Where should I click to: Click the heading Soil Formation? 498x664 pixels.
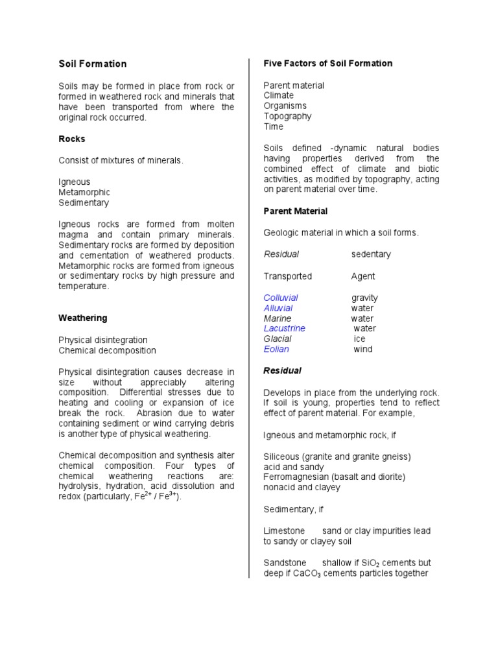93,64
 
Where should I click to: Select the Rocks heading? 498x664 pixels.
72,139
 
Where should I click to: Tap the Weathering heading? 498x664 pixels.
83,318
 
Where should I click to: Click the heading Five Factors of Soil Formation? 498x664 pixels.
327,63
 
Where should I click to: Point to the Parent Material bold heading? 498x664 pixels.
295,211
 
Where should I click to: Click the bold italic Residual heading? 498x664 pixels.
282,371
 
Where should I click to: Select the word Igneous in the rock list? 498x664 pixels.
75,182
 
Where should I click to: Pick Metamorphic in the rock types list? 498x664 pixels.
84,192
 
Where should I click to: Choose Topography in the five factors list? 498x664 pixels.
287,116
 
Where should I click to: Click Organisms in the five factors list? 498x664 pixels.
285,106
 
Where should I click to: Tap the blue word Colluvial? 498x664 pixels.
281,298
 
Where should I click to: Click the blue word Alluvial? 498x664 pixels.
278,308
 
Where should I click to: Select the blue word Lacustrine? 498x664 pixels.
284,328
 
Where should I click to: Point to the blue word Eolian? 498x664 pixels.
276,349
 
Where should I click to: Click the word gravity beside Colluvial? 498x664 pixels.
364,298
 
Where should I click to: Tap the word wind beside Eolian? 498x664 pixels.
362,349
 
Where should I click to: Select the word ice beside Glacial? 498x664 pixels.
359,338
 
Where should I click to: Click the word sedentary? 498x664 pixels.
371,254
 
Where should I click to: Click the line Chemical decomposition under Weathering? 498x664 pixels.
107,350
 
